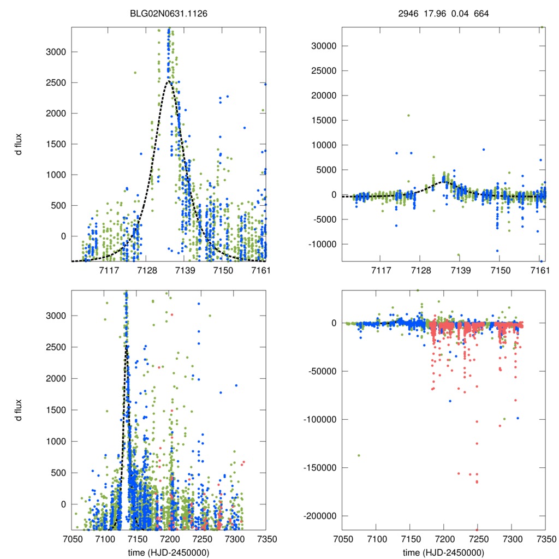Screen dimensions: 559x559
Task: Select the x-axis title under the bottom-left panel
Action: (169, 552)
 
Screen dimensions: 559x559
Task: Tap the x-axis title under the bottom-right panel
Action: (443, 552)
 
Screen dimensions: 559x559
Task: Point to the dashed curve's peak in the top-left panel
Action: (169, 81)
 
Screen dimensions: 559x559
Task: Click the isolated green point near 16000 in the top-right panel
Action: (408, 115)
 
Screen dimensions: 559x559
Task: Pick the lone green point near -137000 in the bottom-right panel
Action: (359, 455)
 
